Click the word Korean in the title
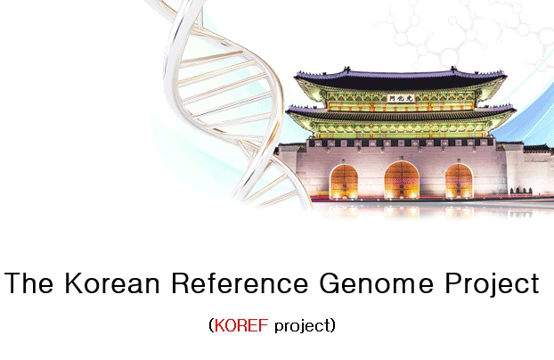coord(112,282)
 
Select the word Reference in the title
coord(240,282)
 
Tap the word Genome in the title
coord(376,282)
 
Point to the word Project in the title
coord(492,285)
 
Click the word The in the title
coord(29,282)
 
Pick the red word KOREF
coord(241,325)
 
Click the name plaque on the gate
coord(401,98)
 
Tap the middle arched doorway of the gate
coord(402,180)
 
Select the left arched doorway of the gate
coord(344,182)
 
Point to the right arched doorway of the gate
coord(459,181)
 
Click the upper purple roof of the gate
coord(400,78)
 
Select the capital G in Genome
coord(330,282)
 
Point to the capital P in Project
coord(453,282)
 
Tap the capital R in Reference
coord(181,282)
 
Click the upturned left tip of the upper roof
coord(296,74)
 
